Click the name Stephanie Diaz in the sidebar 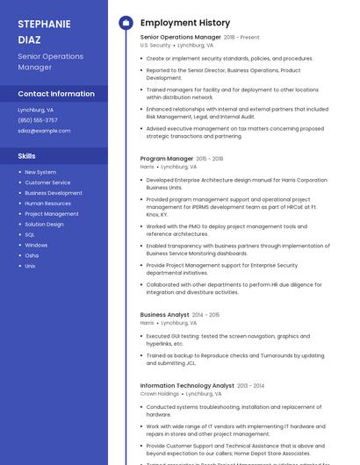[44, 31]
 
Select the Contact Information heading [56, 94]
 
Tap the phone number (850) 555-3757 [38, 120]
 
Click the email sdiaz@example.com [44, 131]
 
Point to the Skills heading [26, 156]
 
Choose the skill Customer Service [47, 182]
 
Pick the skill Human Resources [47, 204]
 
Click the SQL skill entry [30, 234]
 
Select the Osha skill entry [32, 255]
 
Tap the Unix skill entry [30, 266]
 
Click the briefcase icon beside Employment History [125, 23]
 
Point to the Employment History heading [185, 23]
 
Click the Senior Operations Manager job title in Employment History [180, 38]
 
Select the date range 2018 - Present [241, 38]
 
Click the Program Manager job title [166, 159]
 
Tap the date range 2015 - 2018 [210, 159]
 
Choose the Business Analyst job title [164, 314]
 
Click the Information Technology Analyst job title [187, 385]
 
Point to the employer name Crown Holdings [160, 394]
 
